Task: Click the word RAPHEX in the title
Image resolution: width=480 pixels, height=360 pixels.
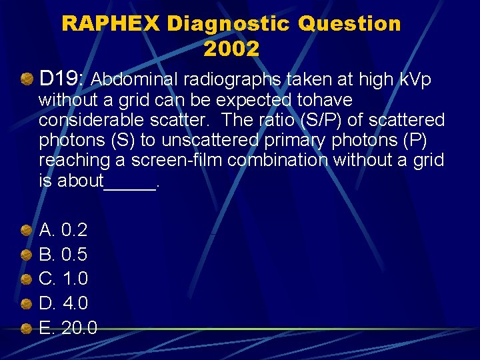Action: pos(111,24)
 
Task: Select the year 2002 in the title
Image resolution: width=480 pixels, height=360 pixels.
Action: pos(231,49)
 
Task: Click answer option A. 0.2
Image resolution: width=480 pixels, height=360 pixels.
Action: pos(63,230)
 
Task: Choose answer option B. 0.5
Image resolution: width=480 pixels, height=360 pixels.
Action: pos(63,254)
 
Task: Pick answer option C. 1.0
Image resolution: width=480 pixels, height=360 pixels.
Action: pos(64,278)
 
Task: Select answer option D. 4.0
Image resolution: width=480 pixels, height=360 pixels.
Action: pos(64,303)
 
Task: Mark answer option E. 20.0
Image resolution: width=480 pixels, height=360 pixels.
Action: pos(68,328)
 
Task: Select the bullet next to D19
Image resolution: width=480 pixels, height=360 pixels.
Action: pos(27,80)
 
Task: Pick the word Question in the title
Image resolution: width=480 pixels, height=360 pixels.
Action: pos(349,24)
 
